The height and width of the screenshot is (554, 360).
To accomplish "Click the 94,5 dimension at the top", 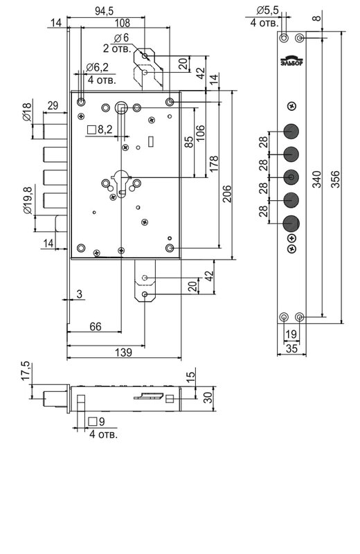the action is pyautogui.click(x=105, y=11).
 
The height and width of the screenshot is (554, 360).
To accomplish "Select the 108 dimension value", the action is pyautogui.click(x=123, y=23).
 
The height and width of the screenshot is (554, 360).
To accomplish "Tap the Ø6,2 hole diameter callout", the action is pyautogui.click(x=97, y=67).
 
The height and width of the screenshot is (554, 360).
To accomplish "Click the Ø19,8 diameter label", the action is pyautogui.click(x=27, y=200).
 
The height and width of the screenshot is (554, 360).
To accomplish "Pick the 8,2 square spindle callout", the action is pyautogui.click(x=100, y=129).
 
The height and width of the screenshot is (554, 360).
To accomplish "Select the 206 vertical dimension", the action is pyautogui.click(x=226, y=193).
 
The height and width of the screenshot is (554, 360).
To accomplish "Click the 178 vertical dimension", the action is pyautogui.click(x=214, y=163).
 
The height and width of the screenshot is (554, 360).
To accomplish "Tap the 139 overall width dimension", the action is pyautogui.click(x=124, y=352).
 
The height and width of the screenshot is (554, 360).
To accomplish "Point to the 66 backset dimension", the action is pyautogui.click(x=96, y=326).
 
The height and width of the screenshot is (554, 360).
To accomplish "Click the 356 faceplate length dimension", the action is pyautogui.click(x=335, y=179).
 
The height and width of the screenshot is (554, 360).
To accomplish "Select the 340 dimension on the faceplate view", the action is pyautogui.click(x=317, y=179).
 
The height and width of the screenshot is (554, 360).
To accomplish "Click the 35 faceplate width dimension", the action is pyautogui.click(x=291, y=348).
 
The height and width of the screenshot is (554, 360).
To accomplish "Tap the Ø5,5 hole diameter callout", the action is pyautogui.click(x=267, y=10).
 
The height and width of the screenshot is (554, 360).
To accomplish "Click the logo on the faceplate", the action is pyautogui.click(x=291, y=60).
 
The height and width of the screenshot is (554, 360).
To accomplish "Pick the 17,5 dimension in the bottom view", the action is pyautogui.click(x=26, y=371).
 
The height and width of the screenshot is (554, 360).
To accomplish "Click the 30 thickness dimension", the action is pyautogui.click(x=209, y=397).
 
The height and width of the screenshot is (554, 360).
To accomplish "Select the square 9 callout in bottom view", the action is pyautogui.click(x=96, y=421).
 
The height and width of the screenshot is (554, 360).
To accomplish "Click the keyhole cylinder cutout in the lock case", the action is pyautogui.click(x=121, y=182).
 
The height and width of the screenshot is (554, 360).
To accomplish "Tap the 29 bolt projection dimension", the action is pyautogui.click(x=53, y=105).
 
